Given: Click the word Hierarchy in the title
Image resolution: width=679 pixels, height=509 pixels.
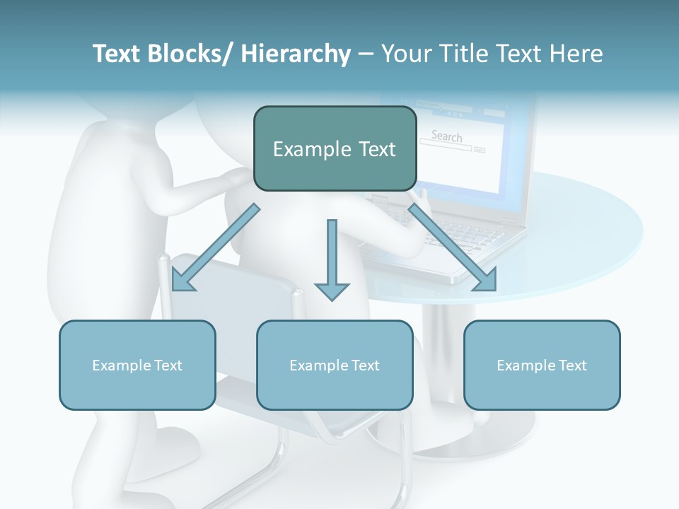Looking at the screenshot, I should point(295,54).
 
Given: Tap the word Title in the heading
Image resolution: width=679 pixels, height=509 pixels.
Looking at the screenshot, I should point(458,54).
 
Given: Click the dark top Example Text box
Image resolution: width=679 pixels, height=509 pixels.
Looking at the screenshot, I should point(335,148).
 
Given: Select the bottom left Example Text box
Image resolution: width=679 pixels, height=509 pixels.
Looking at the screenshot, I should point(137,365).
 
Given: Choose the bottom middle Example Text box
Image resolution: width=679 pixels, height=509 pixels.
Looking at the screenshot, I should point(335,365).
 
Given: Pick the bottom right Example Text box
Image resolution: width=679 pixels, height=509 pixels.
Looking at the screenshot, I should point(542,365).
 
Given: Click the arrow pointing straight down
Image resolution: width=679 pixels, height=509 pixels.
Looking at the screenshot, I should point(332,262).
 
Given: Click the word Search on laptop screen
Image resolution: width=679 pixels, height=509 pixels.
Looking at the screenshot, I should point(446,136).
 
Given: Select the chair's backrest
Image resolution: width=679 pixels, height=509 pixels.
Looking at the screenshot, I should point(233,297).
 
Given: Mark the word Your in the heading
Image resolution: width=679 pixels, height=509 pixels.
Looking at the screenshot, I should point(405,54).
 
